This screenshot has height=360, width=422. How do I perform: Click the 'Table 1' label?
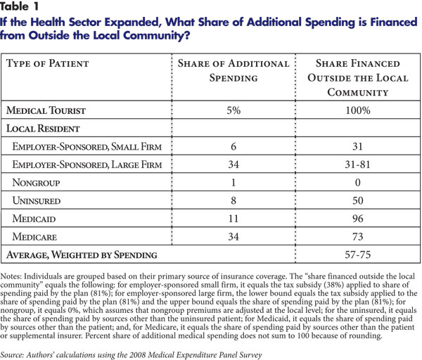click(19, 6)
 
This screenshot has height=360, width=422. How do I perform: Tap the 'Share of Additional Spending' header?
click(232, 71)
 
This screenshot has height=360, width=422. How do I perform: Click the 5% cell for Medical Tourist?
click(232, 110)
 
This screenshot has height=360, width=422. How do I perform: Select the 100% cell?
click(354, 110)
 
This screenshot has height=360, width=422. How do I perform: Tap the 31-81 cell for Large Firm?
click(354, 165)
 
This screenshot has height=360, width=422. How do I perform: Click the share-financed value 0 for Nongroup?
click(354, 183)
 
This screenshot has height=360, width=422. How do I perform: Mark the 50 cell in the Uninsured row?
click(354, 201)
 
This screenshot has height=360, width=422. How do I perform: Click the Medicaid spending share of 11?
click(232, 219)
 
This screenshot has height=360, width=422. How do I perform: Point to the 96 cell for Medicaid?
click(354, 219)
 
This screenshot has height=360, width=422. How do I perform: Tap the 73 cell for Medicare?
click(354, 237)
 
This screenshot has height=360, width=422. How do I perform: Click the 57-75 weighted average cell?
click(354, 255)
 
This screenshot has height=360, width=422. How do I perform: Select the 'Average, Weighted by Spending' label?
click(83, 255)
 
